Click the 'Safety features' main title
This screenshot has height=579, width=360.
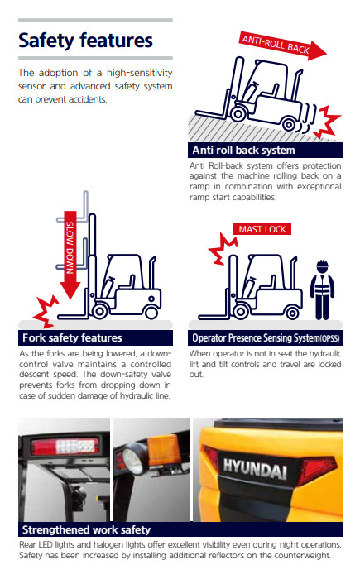85,41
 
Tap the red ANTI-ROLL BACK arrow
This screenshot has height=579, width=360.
283,45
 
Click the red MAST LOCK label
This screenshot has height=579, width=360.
262,229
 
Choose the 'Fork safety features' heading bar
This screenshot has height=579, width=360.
95,337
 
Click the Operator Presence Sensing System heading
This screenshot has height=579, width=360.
266,337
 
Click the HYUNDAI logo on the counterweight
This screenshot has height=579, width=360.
255,468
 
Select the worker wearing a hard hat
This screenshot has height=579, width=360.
322,289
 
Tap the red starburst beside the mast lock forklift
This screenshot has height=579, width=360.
223,248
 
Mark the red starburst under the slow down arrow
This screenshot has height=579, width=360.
46,311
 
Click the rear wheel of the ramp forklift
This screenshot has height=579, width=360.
288,123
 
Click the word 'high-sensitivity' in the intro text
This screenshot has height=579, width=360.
140,73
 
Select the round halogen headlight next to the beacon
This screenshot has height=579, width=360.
132,461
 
